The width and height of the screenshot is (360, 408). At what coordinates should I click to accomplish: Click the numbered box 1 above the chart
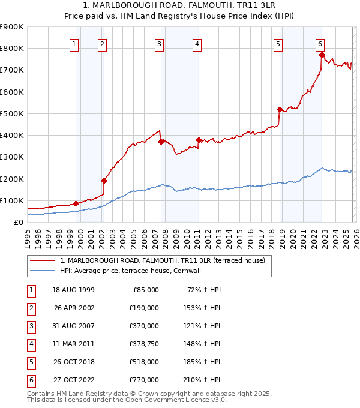click(x=74, y=43)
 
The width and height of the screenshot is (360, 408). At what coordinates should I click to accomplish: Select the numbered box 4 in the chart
click(x=197, y=43)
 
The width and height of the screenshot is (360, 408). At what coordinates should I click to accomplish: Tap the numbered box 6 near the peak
click(x=320, y=43)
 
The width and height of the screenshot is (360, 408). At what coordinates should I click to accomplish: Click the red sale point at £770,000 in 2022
click(x=322, y=55)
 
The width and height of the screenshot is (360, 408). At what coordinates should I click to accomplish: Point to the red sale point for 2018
click(x=280, y=109)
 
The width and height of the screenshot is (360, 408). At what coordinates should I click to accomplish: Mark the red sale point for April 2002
click(x=104, y=181)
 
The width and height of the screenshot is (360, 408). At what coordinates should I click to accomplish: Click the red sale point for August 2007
click(x=161, y=142)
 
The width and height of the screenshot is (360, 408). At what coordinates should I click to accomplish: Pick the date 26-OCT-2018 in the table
click(x=74, y=362)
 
